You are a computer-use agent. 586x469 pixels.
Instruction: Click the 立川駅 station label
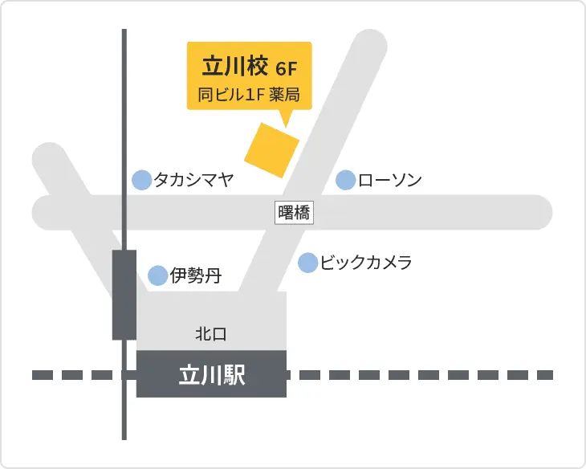click(x=211, y=374)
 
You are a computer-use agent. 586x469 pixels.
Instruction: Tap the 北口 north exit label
click(x=211, y=332)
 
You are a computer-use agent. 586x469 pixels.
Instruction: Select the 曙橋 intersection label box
click(x=294, y=213)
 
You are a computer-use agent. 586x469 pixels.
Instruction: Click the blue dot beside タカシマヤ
click(x=141, y=180)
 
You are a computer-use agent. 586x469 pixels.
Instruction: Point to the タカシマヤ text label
click(x=193, y=180)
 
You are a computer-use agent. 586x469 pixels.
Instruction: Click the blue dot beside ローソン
click(x=345, y=181)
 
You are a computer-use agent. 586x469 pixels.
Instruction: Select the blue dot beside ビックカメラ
click(x=307, y=263)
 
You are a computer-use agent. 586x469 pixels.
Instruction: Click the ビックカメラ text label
click(x=366, y=263)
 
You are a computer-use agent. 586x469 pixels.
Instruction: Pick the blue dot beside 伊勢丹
click(x=158, y=276)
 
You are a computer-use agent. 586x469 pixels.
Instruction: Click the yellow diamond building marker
click(x=271, y=150)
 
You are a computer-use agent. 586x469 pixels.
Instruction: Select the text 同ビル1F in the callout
click(x=232, y=95)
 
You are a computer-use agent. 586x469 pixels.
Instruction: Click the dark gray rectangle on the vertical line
click(x=124, y=295)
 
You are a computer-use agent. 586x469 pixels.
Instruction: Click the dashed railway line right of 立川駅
click(x=417, y=375)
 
